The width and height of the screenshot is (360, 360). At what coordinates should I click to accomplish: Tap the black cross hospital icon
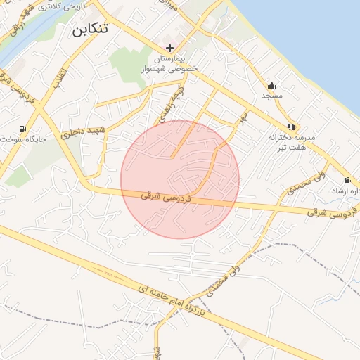[169, 47]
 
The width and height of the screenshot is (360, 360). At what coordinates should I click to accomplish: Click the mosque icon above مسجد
[272, 84]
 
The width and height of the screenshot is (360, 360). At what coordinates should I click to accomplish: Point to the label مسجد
[272, 94]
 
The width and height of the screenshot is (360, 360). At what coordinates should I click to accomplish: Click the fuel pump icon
[24, 129]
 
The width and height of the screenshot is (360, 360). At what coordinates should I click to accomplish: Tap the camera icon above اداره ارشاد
[347, 181]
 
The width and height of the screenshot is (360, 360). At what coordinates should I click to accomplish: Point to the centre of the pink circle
[180, 179]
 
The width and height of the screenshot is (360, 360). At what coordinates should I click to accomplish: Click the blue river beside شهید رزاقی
[8, 49]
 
